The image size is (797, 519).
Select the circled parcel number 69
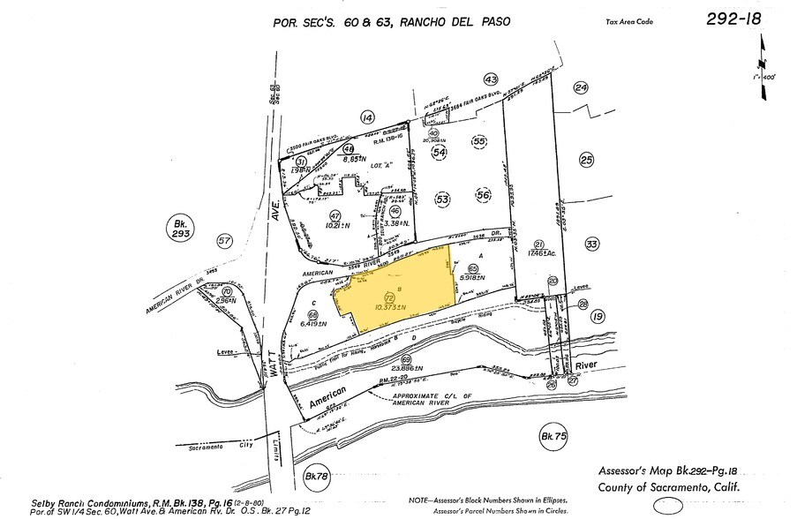(x=405, y=360)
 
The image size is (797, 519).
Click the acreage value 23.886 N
(x=407, y=369)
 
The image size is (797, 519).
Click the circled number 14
(x=367, y=117)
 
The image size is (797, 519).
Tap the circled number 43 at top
(x=492, y=79)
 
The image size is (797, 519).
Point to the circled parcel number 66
(x=312, y=315)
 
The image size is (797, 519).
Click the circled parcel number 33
(x=591, y=244)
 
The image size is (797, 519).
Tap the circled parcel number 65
(x=473, y=268)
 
